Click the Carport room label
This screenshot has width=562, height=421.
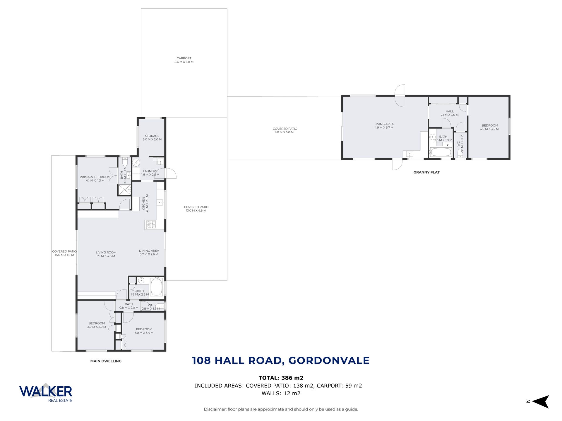pyautogui.click(x=184, y=60)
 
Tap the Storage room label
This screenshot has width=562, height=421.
pyautogui.click(x=152, y=138)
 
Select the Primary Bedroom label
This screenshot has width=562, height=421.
pyautogui.click(x=95, y=179)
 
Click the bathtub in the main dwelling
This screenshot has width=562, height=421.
pyautogui.click(x=157, y=287)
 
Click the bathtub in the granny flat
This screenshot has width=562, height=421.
pyautogui.click(x=441, y=152)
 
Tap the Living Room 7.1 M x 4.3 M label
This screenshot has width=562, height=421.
pyautogui.click(x=106, y=254)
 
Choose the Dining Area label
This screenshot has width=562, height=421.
pyautogui.click(x=149, y=252)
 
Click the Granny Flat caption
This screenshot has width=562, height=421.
pyautogui.click(x=426, y=172)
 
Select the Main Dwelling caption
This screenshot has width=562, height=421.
pyautogui.click(x=106, y=361)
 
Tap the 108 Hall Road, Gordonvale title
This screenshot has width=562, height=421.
pyautogui.click(x=281, y=360)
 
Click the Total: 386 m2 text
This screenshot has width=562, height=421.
pyautogui.click(x=281, y=378)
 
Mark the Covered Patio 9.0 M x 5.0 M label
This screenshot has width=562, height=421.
pyautogui.click(x=285, y=130)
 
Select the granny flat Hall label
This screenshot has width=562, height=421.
pyautogui.click(x=450, y=113)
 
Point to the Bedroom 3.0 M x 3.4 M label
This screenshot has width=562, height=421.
pyautogui.click(x=144, y=331)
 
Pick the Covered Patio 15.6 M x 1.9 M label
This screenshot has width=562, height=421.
pyautogui.click(x=64, y=253)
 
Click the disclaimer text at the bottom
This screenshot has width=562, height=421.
pyautogui.click(x=281, y=409)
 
